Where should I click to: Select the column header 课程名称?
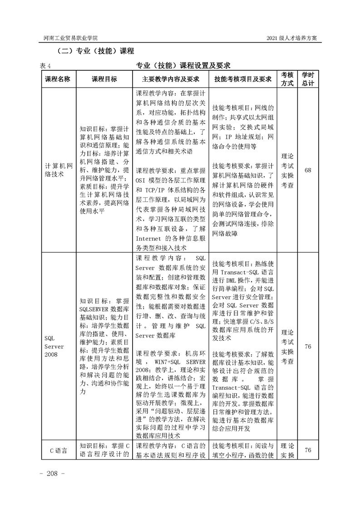pyautogui.click(x=58, y=79)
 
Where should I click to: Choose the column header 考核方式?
pyautogui.click(x=287, y=78)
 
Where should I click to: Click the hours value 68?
pyautogui.click(x=308, y=170)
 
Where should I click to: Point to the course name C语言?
pyautogui.click(x=58, y=450)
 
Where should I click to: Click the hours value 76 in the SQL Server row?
pyautogui.click(x=308, y=347)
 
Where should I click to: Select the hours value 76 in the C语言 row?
pyautogui.click(x=308, y=450)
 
